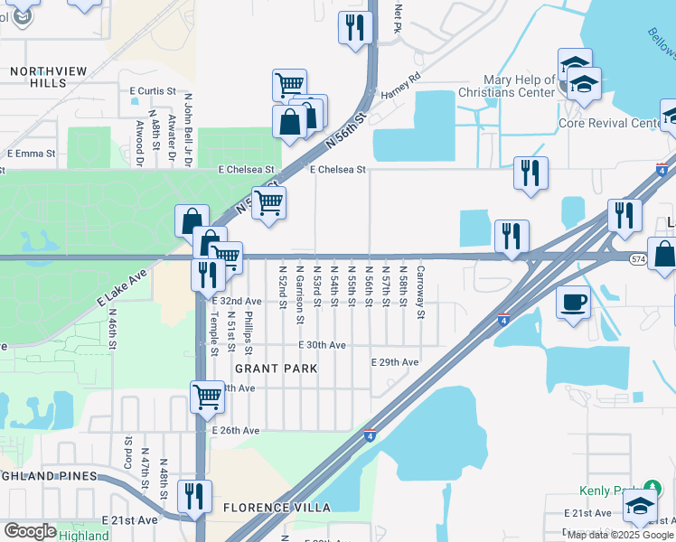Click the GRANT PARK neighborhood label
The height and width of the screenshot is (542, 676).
coord(277,369)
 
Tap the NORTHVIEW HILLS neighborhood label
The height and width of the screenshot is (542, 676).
coord(40,77)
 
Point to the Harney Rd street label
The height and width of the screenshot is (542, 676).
coord(402,88)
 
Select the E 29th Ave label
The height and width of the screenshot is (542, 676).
coord(396,362)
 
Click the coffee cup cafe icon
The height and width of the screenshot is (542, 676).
coord(574,302)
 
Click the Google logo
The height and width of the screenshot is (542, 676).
coord(31,531)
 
